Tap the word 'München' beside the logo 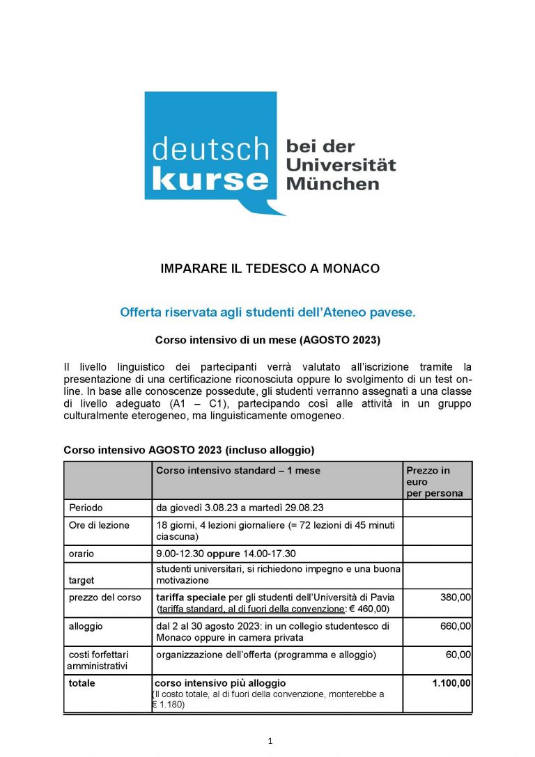pyautogui.click(x=333, y=184)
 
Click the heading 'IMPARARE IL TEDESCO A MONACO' pyautogui.click(x=270, y=268)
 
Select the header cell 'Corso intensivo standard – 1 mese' pyautogui.click(x=238, y=471)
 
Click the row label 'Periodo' pyautogui.click(x=86, y=508)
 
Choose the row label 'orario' pyautogui.click(x=82, y=554)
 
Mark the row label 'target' pyautogui.click(x=82, y=579)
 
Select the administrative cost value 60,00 pyautogui.click(x=458, y=655)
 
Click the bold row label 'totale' pyautogui.click(x=82, y=683)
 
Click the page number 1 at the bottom pyautogui.click(x=270, y=741)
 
